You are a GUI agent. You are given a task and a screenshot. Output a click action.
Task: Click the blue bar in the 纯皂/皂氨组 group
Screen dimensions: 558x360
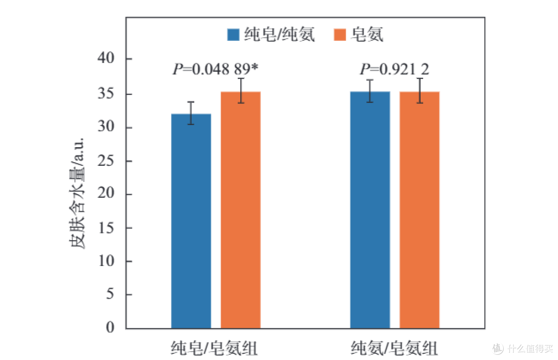point(191,221)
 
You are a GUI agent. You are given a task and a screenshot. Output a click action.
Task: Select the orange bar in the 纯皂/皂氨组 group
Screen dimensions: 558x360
point(241,210)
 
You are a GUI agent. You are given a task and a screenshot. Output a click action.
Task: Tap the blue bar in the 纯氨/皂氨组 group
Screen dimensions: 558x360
point(370,210)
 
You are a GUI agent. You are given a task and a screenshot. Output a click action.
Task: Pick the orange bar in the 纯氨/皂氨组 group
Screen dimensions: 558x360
point(420,210)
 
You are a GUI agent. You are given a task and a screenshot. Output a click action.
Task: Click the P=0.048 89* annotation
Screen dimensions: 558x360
point(215,69)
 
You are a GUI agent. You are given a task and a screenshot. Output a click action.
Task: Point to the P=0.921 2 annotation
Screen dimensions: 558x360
point(394,69)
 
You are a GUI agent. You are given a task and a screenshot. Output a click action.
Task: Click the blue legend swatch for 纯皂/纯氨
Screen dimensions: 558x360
point(233,35)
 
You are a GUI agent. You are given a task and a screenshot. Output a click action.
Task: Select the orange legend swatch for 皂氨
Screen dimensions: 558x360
point(340,35)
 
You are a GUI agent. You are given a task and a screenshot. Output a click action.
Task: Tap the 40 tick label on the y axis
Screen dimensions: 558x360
point(106,58)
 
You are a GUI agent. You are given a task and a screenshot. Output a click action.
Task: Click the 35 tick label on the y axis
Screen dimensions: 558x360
point(106,93)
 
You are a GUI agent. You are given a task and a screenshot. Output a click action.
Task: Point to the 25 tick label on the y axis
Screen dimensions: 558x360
point(106,161)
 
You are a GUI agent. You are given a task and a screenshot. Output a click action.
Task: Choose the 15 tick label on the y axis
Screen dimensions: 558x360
point(106,228)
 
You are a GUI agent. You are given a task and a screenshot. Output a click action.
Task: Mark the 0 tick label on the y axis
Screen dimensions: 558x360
point(111,327)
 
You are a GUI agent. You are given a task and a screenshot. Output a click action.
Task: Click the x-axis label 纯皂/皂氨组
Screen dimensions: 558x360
point(214,348)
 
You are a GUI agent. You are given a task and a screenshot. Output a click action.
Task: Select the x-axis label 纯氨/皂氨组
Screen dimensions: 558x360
point(394,348)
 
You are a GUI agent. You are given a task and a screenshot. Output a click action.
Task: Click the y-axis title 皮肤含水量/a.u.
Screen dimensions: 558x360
point(77,193)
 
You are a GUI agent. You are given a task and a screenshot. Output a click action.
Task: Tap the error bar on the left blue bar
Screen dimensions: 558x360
point(191,113)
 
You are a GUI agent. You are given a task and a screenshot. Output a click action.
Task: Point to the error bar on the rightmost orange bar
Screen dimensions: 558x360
point(420,91)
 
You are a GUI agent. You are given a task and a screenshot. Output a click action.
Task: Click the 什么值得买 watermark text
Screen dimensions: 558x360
point(530,349)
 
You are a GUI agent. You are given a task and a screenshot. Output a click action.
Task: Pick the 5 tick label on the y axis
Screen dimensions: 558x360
point(111,294)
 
